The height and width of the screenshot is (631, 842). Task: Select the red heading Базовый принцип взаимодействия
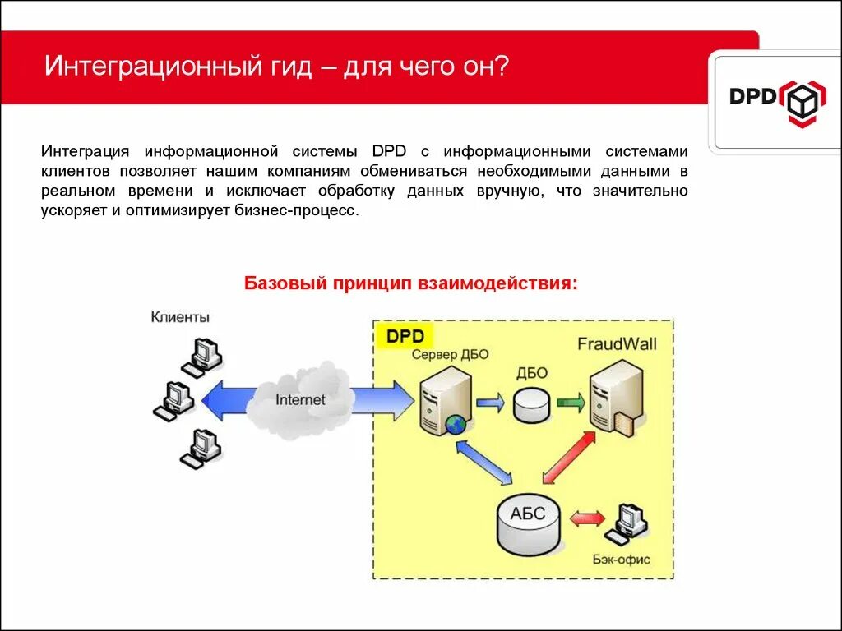pos(411,283)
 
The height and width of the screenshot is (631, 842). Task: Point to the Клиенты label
pos(180,317)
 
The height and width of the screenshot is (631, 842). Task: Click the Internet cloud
pos(301,399)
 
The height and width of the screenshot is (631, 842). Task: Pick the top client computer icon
pos(201,356)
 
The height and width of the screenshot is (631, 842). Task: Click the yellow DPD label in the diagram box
pos(405,336)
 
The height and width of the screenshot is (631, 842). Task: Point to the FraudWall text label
pos(617,343)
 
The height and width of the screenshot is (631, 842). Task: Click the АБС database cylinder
pos(528,523)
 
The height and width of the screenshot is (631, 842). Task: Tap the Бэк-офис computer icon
pos(627,523)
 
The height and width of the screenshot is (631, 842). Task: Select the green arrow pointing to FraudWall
pos(570,403)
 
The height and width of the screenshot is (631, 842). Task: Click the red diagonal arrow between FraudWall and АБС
pos(569,457)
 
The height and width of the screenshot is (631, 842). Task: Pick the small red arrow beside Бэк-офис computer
pos(587,518)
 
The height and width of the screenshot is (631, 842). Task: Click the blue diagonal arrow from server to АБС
pos(485,462)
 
